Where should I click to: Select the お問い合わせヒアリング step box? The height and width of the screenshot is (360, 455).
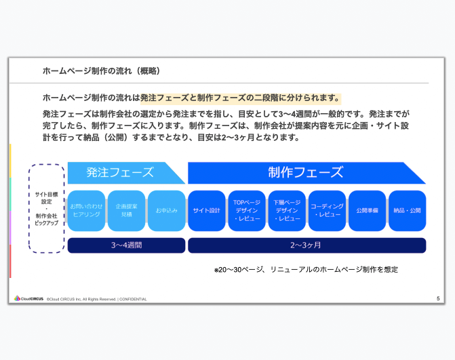click(86, 211)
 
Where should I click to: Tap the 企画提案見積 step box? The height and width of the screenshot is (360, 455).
click(126, 211)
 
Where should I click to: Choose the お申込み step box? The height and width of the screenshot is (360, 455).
click(167, 211)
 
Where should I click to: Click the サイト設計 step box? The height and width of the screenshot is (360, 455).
click(207, 211)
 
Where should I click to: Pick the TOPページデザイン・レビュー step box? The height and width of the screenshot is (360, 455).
click(247, 211)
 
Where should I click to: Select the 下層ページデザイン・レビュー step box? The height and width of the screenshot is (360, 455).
click(287, 211)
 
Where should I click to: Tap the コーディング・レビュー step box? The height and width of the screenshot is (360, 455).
click(327, 211)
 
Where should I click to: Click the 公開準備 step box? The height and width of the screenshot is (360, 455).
click(367, 211)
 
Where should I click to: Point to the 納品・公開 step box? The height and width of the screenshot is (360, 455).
click(407, 211)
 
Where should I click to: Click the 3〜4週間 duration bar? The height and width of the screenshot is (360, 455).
click(126, 245)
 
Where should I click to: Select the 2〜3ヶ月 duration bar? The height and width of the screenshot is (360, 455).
click(307, 245)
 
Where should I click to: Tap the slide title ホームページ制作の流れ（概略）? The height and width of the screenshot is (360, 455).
click(101, 71)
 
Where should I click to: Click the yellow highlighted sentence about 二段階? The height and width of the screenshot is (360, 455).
click(241, 98)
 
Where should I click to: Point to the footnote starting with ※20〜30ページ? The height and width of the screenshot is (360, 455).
click(306, 270)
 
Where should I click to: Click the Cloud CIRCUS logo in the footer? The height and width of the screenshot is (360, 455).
click(28, 298)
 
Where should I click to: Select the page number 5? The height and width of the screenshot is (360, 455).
click(438, 298)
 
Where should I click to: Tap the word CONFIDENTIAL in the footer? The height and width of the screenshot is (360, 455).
click(133, 299)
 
